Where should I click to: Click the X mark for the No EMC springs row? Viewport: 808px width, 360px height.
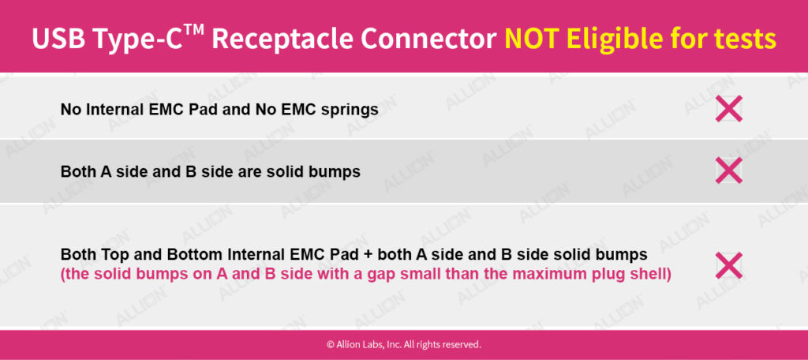coord(728,108)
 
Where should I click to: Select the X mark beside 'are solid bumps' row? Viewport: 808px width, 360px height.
coord(728,170)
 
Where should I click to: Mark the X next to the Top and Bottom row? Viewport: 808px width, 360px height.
coord(728,265)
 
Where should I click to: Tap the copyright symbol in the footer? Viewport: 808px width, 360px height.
coord(331,344)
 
